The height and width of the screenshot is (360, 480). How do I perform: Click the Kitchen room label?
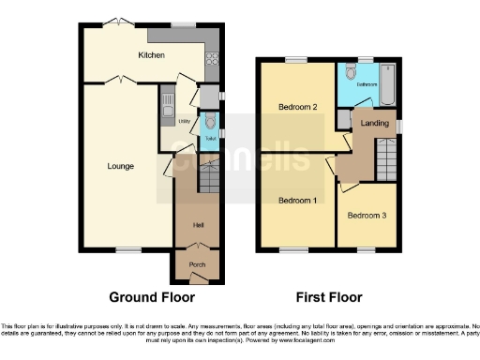tap(152, 55)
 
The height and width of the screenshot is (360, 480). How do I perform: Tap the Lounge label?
tap(120, 166)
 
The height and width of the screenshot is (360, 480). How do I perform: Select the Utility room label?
tap(172, 121)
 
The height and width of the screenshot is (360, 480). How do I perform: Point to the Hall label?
tap(198, 225)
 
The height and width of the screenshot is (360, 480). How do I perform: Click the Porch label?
tap(197, 264)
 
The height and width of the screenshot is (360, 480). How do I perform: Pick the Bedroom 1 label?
tap(296, 201)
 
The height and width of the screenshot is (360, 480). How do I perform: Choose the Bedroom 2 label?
tap(297, 107)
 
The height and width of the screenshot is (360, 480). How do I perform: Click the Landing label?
tap(375, 123)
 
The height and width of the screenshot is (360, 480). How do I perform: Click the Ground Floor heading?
tap(152, 297)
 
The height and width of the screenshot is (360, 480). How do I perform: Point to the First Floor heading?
tap(329, 297)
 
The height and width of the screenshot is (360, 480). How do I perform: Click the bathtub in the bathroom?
tap(389, 84)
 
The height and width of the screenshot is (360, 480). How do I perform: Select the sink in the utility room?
tap(167, 100)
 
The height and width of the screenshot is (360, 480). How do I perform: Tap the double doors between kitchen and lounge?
tap(116, 81)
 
